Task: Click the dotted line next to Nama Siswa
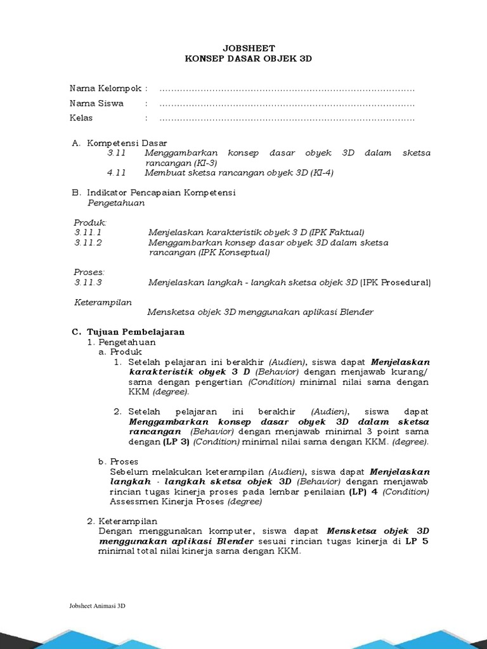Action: (x=287, y=103)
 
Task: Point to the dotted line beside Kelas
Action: (x=287, y=119)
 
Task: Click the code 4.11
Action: (x=117, y=172)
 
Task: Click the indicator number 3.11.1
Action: (x=88, y=233)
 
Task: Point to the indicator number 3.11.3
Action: (x=88, y=283)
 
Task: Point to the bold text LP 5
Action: (x=417, y=541)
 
